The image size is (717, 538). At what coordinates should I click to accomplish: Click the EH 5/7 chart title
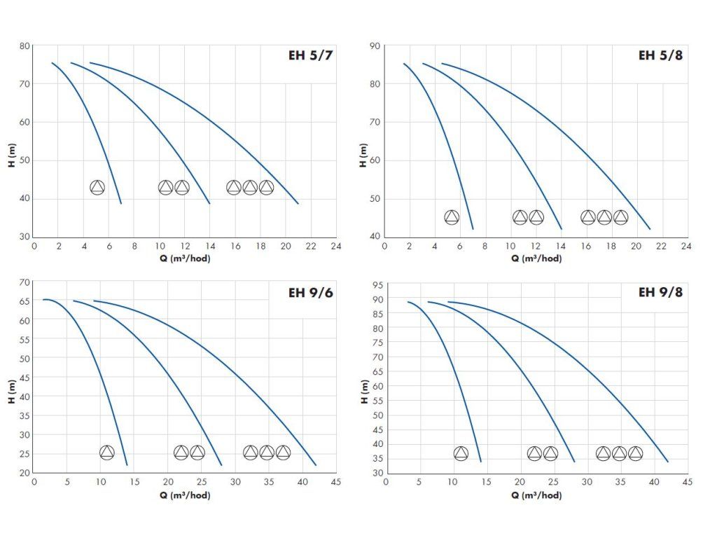(x=308, y=56)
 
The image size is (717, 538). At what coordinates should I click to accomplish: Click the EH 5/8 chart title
(x=660, y=56)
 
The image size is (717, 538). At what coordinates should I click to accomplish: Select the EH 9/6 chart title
(x=308, y=292)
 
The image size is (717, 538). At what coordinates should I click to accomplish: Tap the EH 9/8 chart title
(x=660, y=292)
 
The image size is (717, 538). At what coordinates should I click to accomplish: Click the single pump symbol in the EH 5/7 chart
(x=97, y=187)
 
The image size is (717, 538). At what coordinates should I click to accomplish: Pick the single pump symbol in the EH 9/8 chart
(x=461, y=453)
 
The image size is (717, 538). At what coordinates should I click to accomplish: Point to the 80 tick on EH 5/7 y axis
(x=25, y=46)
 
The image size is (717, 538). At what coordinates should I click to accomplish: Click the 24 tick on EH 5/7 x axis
(x=335, y=247)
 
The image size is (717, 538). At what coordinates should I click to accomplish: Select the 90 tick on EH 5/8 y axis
(x=375, y=46)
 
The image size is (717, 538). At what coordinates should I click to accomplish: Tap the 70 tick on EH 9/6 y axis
(x=25, y=282)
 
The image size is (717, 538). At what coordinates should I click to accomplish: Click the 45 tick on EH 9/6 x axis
(x=335, y=483)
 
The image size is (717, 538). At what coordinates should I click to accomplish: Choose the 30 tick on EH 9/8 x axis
(x=587, y=483)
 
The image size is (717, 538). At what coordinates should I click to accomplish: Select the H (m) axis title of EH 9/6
(x=10, y=391)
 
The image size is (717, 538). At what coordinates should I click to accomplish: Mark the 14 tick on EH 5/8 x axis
(x=561, y=247)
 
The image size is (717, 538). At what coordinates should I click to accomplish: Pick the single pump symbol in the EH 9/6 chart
(x=106, y=453)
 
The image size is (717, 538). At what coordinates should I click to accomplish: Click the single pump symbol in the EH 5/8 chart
(x=452, y=217)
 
